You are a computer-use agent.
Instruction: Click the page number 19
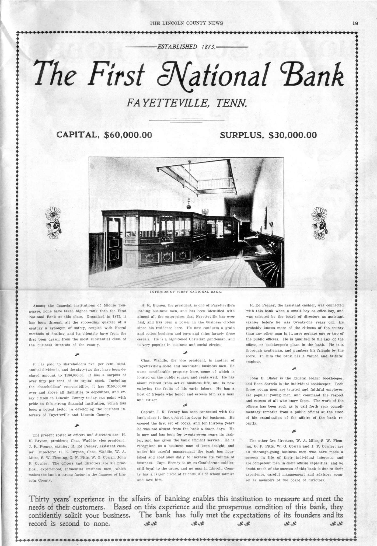355,23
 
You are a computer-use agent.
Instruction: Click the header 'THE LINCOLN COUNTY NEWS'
186,23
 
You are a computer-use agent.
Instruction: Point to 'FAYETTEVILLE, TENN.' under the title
187,103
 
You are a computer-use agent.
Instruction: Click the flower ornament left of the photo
54,220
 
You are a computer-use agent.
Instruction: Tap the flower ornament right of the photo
319,220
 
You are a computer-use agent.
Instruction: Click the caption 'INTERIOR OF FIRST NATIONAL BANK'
186,291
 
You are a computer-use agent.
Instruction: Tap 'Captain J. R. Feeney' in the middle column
158,412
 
